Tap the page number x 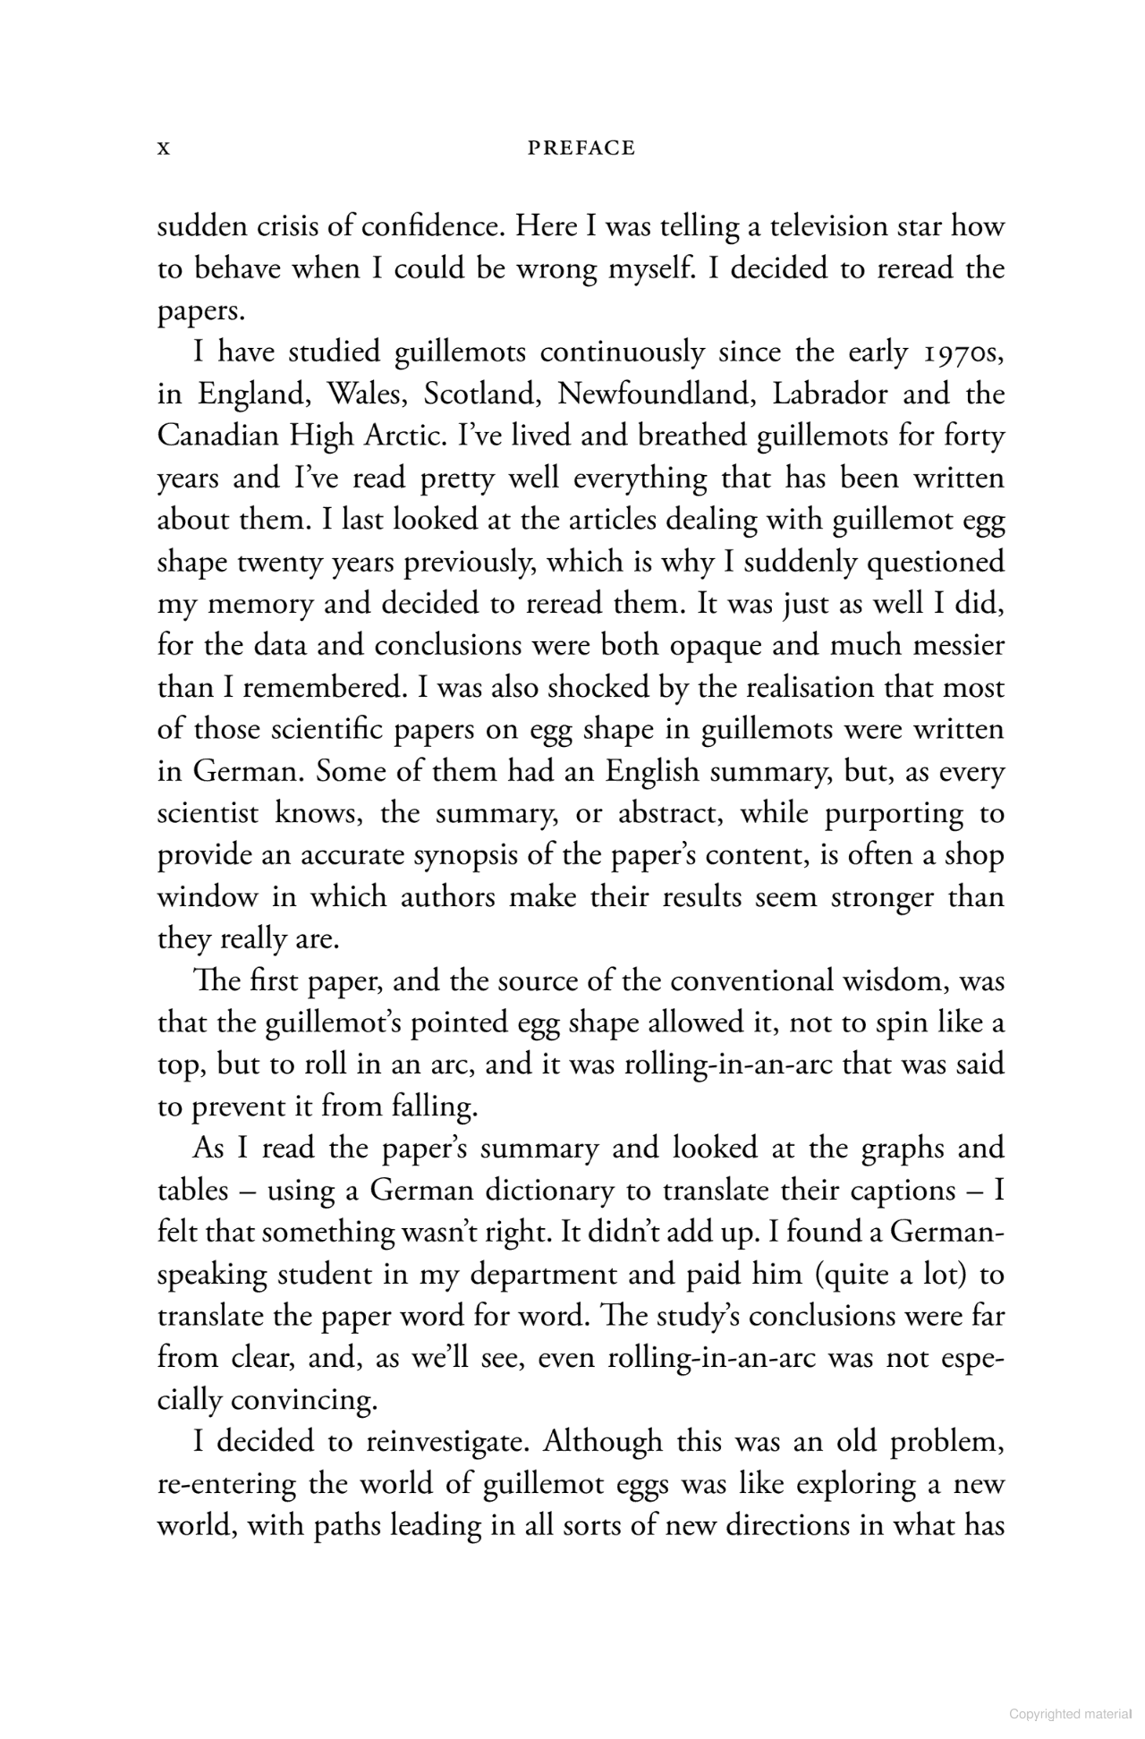coord(163,149)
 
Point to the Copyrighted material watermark coord(1070,1713)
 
